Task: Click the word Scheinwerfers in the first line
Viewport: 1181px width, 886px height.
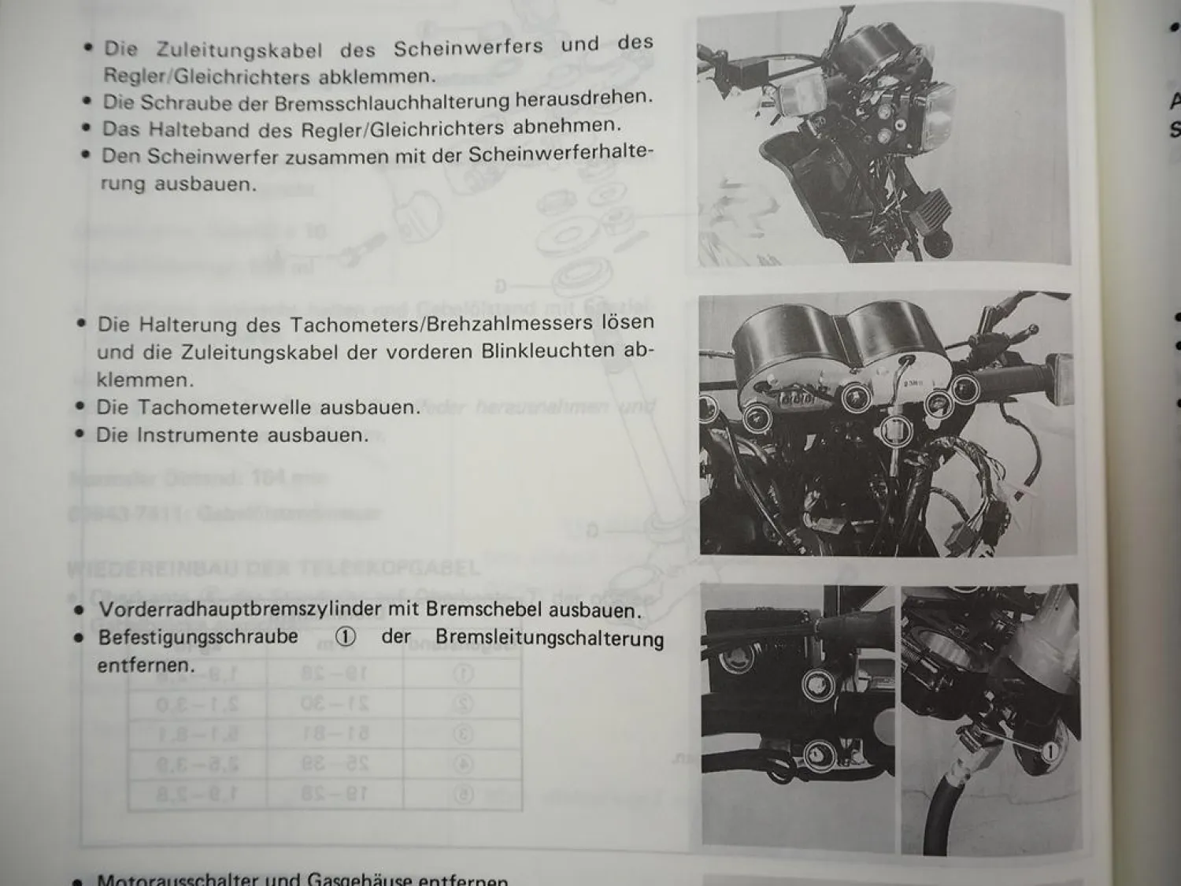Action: tap(468, 48)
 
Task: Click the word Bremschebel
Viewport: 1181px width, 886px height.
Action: tap(484, 610)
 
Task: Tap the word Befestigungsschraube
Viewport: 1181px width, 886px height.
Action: tap(198, 637)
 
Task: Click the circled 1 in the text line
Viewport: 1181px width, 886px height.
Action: tap(345, 637)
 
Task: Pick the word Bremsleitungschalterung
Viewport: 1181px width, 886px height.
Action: tap(549, 638)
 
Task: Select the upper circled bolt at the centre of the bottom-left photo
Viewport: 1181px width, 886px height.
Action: tap(817, 684)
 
